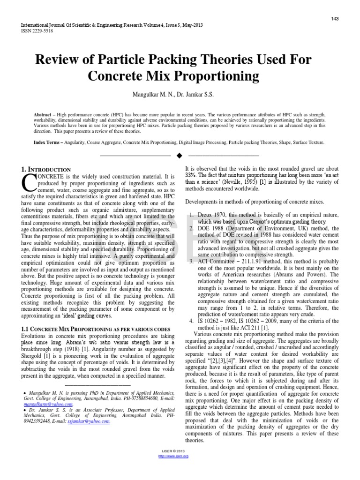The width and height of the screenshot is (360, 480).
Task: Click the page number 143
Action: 335,18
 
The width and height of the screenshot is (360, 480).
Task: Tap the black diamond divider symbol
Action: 180,155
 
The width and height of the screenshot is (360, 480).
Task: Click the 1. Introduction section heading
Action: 45,169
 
